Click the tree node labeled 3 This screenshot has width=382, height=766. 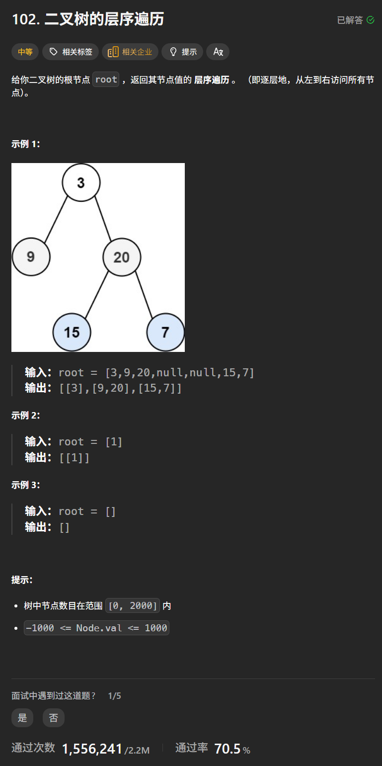(81, 182)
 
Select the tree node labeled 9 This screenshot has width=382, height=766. (31, 257)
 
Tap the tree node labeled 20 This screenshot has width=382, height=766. (122, 257)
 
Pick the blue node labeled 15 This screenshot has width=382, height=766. (72, 332)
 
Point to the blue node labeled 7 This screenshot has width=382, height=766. (165, 332)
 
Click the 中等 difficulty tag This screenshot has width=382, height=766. (25, 52)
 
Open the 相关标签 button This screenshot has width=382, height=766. (70, 52)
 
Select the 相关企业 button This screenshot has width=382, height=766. (130, 52)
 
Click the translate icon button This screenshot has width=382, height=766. (218, 52)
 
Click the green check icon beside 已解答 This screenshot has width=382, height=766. (370, 20)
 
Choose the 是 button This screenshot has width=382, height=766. (22, 718)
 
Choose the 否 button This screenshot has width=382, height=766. (53, 718)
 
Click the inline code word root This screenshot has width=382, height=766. (106, 80)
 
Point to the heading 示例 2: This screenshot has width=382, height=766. (25, 416)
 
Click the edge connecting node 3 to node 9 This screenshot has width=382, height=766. (56, 220)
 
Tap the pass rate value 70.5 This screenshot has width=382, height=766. (227, 749)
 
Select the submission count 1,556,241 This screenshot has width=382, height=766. (92, 749)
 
